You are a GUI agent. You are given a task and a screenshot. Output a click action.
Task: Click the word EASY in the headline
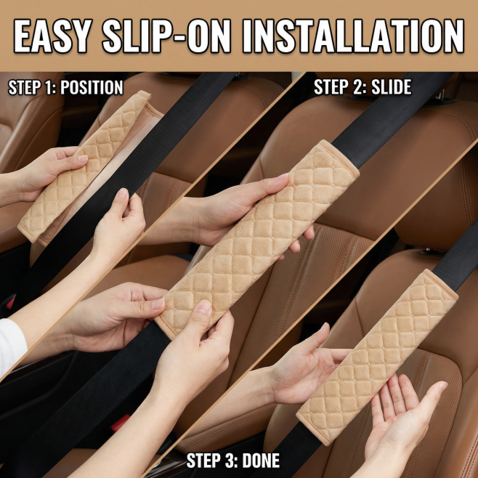tap(53, 36)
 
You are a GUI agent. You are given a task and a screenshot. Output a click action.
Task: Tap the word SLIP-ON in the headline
tap(166, 36)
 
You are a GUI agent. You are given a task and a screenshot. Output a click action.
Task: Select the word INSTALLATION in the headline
tap(353, 36)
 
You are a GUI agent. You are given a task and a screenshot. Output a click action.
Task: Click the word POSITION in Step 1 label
tap(92, 87)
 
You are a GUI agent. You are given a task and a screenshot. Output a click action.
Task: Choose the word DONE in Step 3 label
tap(262, 461)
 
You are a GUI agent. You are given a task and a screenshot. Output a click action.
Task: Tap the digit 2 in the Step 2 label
tap(359, 87)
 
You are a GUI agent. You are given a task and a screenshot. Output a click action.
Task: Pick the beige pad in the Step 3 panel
tap(377, 357)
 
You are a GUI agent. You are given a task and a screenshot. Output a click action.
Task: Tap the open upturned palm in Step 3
tap(402, 418)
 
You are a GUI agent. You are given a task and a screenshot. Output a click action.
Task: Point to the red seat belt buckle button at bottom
tap(121, 423)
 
